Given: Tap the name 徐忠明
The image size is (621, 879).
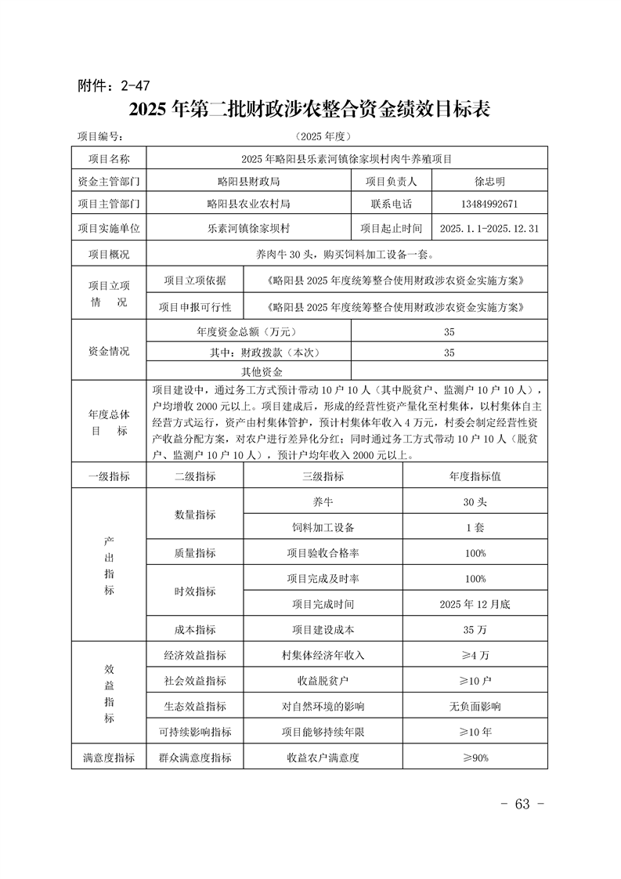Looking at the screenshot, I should pos(489,181).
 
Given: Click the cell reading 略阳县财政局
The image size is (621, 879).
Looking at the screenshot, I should pos(248,181).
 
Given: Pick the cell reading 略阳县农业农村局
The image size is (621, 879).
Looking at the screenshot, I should pos(248,204).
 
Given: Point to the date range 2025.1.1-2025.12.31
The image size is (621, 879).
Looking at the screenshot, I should pos(489,229).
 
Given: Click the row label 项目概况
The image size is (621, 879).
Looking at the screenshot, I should pos(109,254).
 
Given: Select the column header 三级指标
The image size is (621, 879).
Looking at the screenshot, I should pos(322,476).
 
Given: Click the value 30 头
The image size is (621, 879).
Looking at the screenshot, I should pos(475,501).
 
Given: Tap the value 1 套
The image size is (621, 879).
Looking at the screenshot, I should pos(475,527).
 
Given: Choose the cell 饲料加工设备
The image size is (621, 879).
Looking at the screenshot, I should pos(322,527).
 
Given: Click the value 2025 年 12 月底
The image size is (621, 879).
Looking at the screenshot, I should pos(475,604).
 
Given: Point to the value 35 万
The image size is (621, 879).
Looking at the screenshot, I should pos(475,629).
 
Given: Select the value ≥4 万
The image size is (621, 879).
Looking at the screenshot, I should pos(475,655).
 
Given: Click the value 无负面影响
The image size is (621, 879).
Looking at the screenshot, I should pos(475,706).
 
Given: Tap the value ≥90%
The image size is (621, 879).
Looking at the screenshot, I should pos(475,758).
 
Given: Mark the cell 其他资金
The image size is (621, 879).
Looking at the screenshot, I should pos(262,371).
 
